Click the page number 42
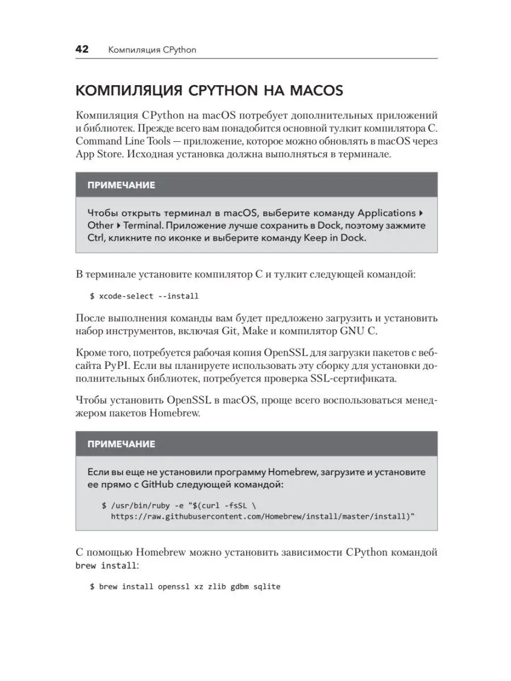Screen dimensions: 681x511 (83, 49)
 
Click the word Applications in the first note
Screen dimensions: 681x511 (386, 213)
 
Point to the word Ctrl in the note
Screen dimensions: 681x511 (95, 238)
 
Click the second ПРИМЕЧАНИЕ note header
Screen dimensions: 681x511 (121, 444)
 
